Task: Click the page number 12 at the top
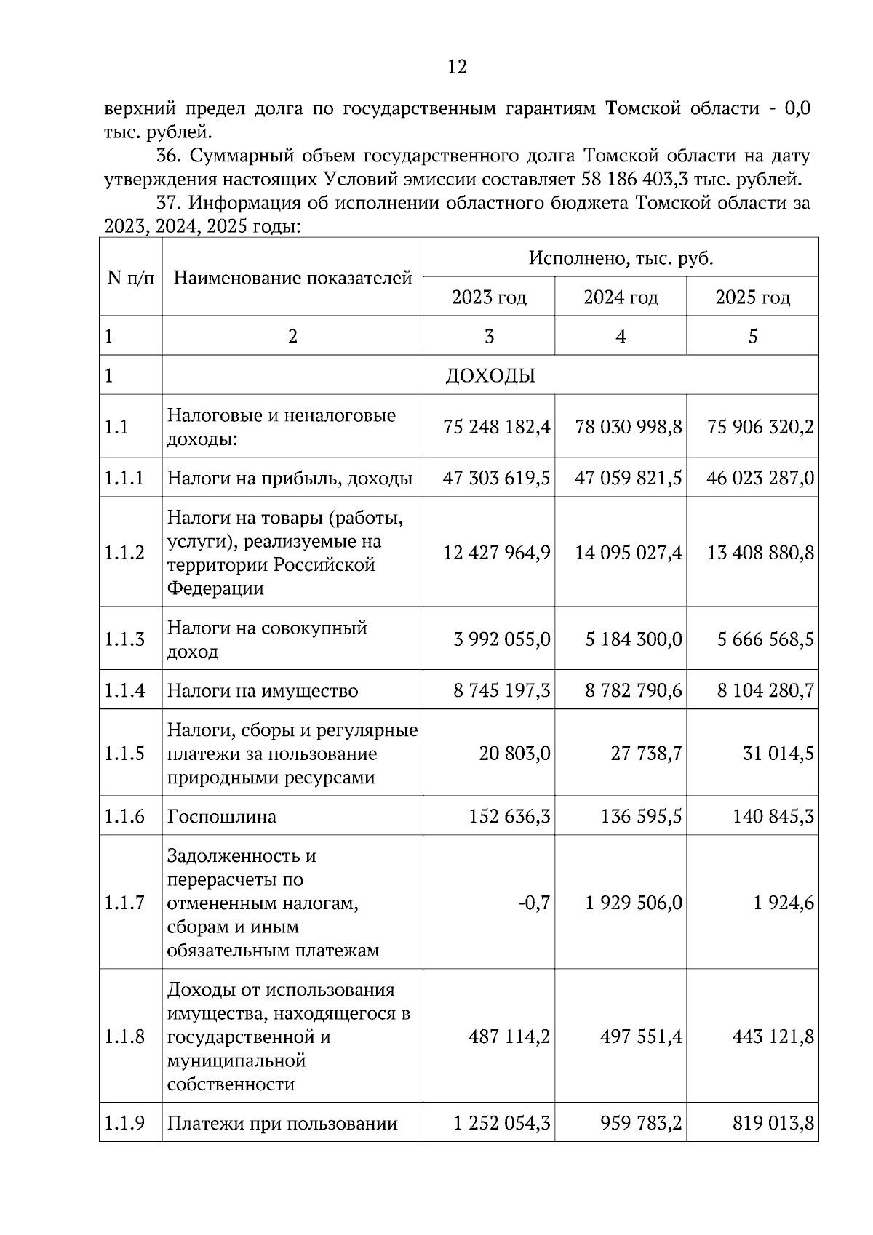[x=457, y=67]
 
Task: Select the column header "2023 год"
[x=489, y=297]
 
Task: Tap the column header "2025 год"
[x=752, y=297]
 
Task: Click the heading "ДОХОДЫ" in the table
[x=490, y=376]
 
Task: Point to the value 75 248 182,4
[x=496, y=427]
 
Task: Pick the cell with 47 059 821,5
[x=629, y=479]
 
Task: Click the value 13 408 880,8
[x=760, y=553]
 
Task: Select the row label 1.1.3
[x=124, y=639]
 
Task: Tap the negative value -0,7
[x=534, y=903]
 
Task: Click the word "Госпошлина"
[x=222, y=817]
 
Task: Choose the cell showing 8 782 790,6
[x=634, y=690]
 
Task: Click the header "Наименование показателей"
[x=292, y=278]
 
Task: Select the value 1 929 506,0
[x=634, y=903]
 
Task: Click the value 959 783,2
[x=640, y=1124]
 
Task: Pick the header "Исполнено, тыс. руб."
[x=621, y=258]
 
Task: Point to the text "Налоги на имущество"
[x=263, y=691]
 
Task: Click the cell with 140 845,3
[x=773, y=817]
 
